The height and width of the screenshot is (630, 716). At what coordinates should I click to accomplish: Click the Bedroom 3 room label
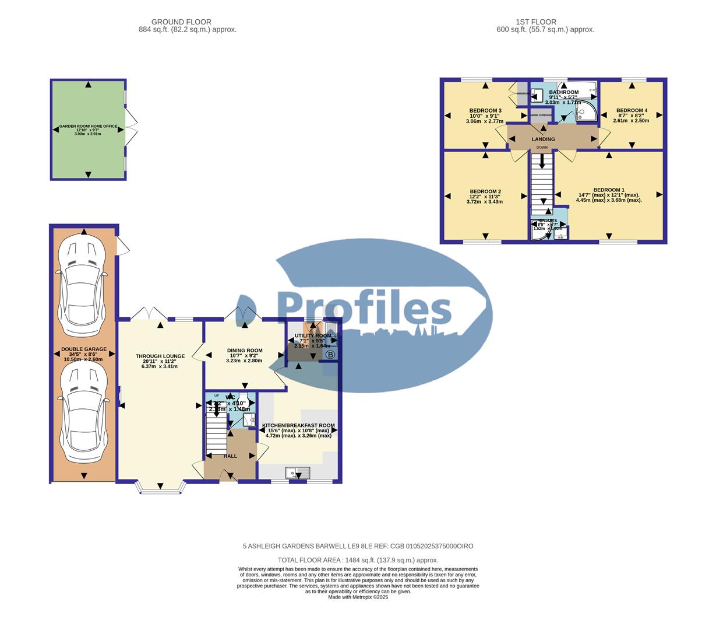pos(485,111)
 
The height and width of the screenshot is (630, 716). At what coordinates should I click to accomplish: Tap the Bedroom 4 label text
pos(632,111)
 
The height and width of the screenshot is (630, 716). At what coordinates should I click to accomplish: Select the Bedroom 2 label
pos(485,192)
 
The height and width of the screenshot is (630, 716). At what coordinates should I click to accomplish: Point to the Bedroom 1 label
pos(609,190)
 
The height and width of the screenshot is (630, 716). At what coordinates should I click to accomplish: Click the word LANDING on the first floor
pos(543,139)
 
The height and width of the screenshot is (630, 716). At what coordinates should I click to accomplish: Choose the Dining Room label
pos(244,351)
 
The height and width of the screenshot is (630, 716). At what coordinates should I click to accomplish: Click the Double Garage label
pos(84,349)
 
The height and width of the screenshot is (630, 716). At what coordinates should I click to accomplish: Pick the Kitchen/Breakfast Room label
pos(298,426)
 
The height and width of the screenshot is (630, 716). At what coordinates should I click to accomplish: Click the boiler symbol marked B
pos(330,355)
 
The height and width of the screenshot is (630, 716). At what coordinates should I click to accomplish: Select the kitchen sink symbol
pos(297,473)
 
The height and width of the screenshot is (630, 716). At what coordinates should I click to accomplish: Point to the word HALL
pos(230,456)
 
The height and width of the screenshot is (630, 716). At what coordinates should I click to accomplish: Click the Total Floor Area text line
pos(358,560)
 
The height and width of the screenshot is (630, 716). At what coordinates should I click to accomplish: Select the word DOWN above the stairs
pos(542,148)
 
